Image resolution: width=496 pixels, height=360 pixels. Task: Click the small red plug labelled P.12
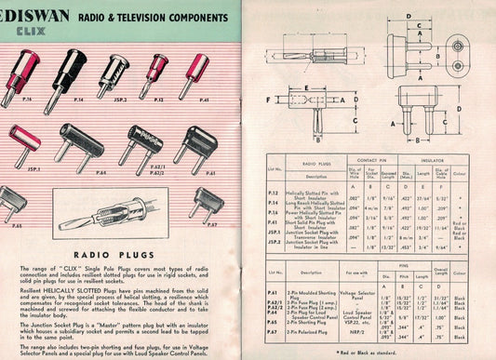[x=157, y=72]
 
